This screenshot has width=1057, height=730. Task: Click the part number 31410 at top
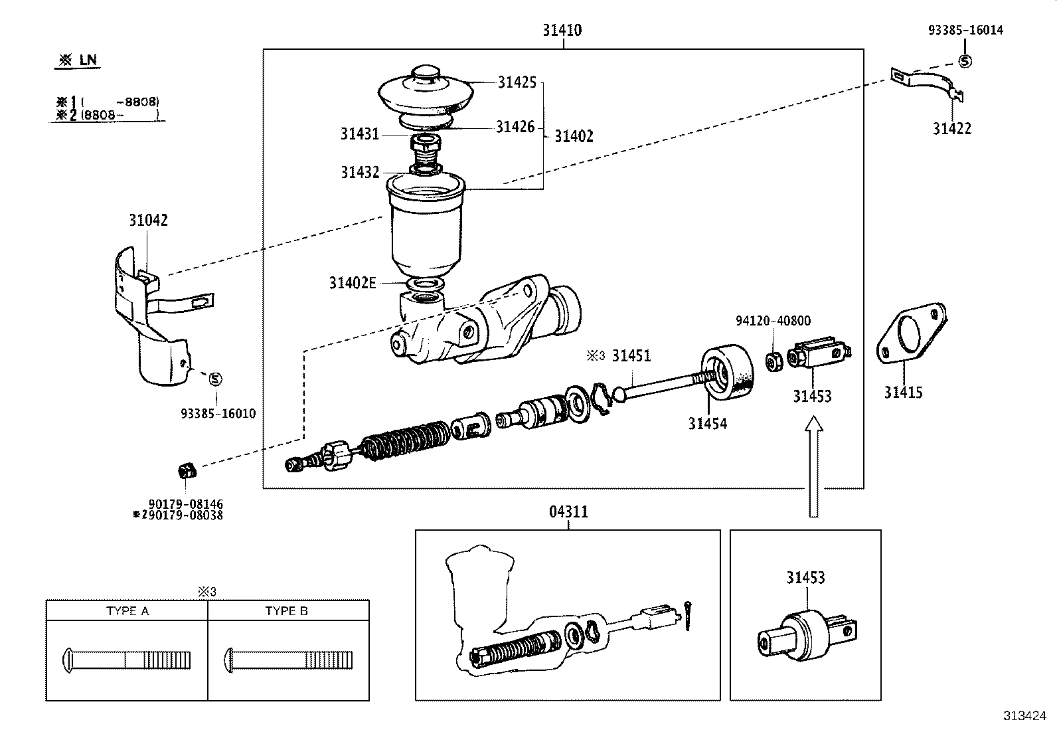[562, 30]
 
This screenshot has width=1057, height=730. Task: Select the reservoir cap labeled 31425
[425, 93]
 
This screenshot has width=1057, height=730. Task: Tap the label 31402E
[352, 283]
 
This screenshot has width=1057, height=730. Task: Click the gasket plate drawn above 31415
[910, 335]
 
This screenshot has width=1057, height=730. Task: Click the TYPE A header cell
[127, 611]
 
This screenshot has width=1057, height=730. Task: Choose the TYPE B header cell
[287, 611]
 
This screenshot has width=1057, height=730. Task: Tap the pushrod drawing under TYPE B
[288, 660]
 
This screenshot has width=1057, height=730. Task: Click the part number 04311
[568, 512]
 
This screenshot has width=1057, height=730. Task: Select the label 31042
[148, 221]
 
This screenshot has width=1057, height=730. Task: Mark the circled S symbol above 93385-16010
[214, 379]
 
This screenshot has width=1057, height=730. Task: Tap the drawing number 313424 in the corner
[1024, 716]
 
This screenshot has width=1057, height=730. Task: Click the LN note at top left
[78, 60]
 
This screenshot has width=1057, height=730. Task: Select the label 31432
[360, 173]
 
